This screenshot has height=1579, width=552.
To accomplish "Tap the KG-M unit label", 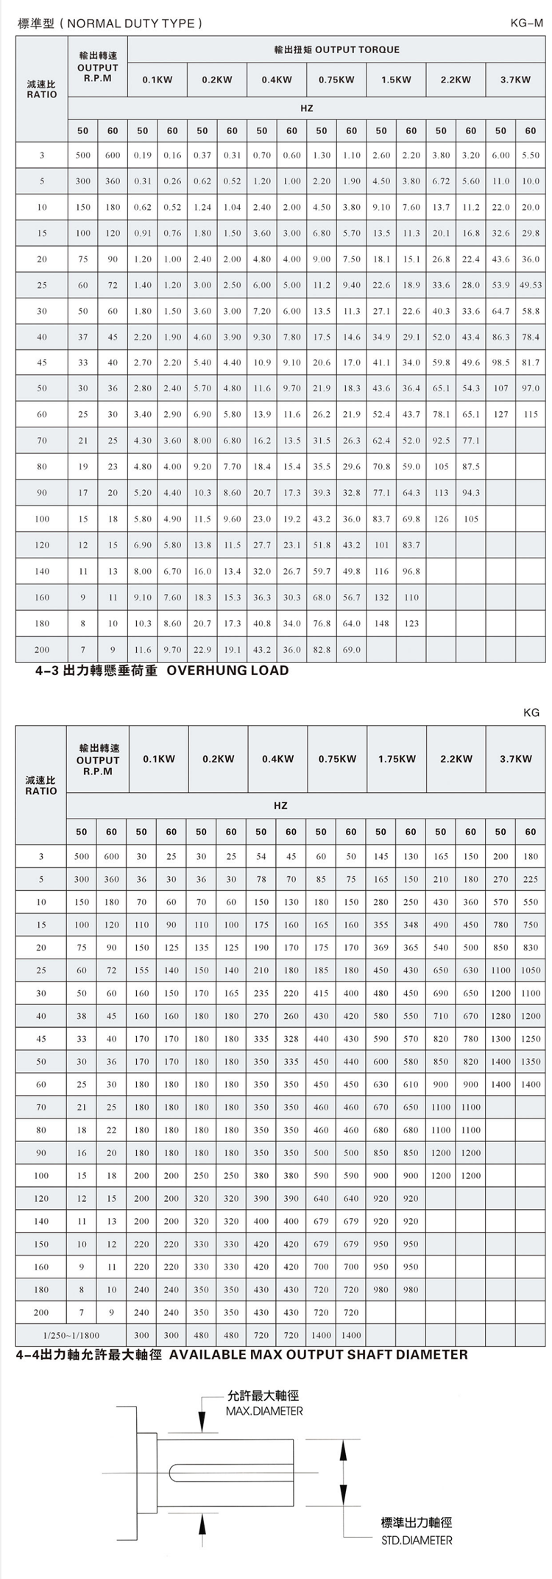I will [x=526, y=23].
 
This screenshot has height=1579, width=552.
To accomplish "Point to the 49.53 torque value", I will [x=530, y=285].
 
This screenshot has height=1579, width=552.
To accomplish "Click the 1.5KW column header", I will [x=396, y=80].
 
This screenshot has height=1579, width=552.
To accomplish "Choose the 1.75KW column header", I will [x=396, y=759].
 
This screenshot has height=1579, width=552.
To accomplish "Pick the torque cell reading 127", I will [x=500, y=414].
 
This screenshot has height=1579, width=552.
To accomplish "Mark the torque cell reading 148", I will [x=381, y=623].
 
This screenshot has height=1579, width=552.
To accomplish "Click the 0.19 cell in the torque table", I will [x=142, y=155].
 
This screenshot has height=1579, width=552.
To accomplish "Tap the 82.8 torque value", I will [x=322, y=650].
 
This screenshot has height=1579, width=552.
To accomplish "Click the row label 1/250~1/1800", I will [x=71, y=1335].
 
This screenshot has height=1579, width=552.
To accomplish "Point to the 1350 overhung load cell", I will [x=530, y=1062].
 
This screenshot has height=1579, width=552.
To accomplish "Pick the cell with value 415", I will [x=321, y=993].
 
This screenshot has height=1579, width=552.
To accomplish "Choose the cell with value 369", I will [x=381, y=948].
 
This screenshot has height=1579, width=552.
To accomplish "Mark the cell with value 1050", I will [x=530, y=970].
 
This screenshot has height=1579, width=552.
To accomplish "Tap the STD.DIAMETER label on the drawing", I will [x=417, y=1540].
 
